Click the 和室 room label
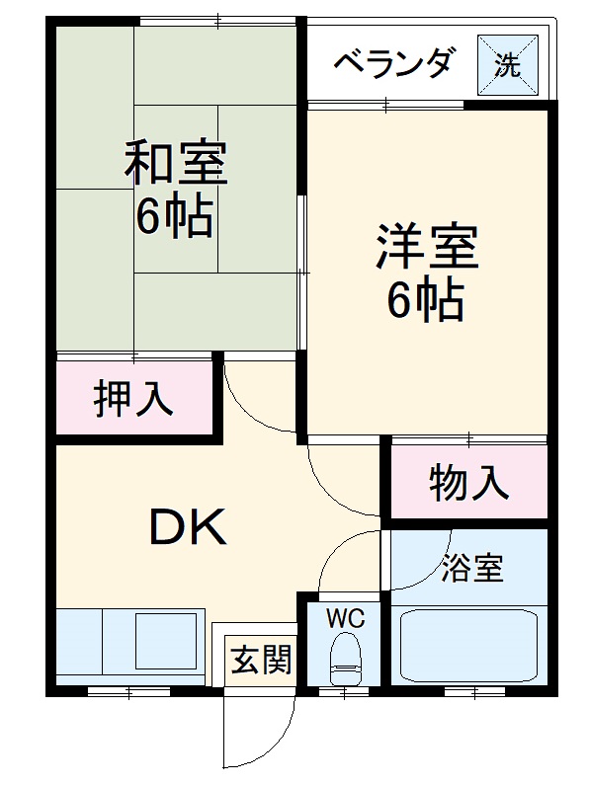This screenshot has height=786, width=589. point(175,163)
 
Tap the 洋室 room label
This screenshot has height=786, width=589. point(426,247)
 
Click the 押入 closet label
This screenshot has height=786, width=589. point(133,398)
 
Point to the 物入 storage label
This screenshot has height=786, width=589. point(468,483)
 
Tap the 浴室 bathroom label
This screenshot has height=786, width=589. point(471,569)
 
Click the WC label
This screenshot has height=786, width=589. point(346,619)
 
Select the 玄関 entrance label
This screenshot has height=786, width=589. point(262,661)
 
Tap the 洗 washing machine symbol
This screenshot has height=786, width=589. point(508,64)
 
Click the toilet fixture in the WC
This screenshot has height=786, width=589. point(345,659)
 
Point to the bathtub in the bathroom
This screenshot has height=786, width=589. point(467,646)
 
